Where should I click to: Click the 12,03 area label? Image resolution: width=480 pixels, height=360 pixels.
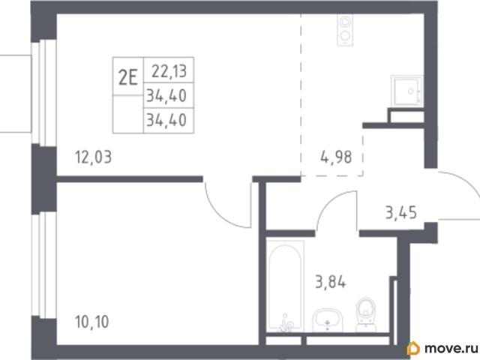pos(93,157)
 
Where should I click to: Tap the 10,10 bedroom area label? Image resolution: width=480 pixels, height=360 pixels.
pos(91,322)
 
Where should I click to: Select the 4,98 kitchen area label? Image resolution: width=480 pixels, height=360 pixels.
pos(336,157)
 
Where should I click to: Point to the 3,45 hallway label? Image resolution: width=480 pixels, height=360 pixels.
pos(401,212)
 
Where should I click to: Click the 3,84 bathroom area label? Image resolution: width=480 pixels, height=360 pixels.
pos(331,282)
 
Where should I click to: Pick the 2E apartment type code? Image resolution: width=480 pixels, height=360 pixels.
pos(127,77)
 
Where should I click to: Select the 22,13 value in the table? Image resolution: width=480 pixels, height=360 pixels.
pos(169,72)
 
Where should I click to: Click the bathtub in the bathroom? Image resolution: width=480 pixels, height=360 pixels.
pos(285,286)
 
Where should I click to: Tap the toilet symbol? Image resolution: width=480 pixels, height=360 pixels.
pos(366,314)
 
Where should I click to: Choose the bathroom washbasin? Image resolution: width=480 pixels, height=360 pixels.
pos(328,320)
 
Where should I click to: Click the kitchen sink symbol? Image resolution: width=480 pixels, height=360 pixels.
pos(407,91)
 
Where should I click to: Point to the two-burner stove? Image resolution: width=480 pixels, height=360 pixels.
pos(345,30)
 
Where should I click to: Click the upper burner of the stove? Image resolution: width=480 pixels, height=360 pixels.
pos(345,22)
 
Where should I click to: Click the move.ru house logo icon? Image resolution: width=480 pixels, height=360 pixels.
pos(413,348)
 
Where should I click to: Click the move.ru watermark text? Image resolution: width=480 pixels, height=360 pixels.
pos(451,348)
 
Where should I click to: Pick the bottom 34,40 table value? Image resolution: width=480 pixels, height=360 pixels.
pos(166,120)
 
